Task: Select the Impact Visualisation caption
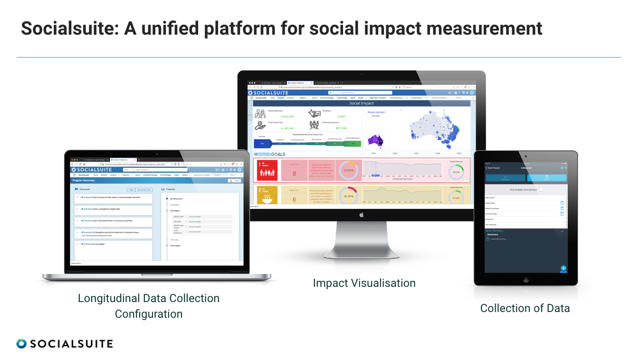pos(364,283)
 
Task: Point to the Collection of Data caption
pos(525,308)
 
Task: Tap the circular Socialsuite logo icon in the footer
pos(21,343)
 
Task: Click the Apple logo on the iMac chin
pos(361,215)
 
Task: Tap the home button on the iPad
pos(526,280)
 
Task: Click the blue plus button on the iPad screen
pos(564,268)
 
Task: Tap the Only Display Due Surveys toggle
pos(541,189)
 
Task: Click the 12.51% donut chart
pos(349,170)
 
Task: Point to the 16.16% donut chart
pos(349,196)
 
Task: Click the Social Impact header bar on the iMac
pos(361,103)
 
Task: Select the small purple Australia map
pos(375,141)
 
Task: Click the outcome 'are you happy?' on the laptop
pos(95,244)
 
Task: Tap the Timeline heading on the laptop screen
pos(171,189)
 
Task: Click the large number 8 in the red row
pos(294,173)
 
